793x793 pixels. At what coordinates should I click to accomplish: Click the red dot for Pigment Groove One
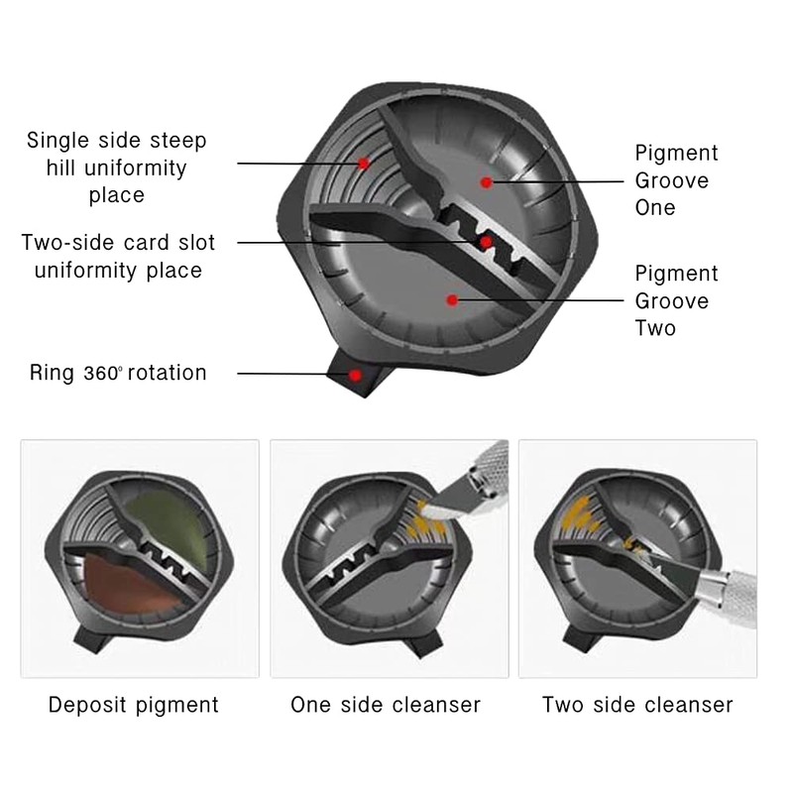pos(487,181)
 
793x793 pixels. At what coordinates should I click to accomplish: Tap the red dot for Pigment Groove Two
pos(452,297)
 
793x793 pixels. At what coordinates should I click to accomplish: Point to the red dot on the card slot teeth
pos(486,241)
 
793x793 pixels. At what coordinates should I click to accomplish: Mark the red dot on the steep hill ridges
pos(364,163)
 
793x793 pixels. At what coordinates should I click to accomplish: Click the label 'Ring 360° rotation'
pos(118,374)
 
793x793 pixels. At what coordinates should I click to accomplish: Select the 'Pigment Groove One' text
pos(676,180)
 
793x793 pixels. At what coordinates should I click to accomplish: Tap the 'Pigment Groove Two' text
pos(676,300)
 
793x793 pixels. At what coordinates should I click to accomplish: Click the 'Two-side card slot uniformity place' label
pos(118,257)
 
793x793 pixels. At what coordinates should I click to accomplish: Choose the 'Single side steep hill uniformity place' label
pos(117,168)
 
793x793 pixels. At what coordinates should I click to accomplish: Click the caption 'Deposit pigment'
pos(134,706)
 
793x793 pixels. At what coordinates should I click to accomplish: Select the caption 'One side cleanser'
pos(386,706)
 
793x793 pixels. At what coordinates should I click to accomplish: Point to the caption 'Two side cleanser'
pos(637,706)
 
